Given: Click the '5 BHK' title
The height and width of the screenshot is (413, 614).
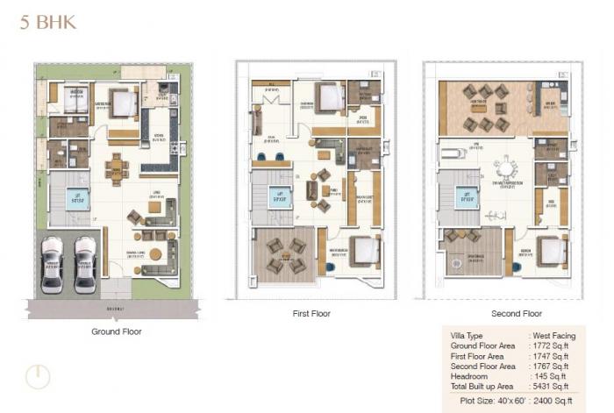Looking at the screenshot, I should tap(47, 22).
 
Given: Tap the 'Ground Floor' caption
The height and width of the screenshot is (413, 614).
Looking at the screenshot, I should tap(116, 331).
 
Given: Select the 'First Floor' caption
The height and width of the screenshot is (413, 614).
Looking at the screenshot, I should tap(311, 313).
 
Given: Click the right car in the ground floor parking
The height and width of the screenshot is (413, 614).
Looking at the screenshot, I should tap(85, 263).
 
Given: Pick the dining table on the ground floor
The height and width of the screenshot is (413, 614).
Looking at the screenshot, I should tap(116, 166).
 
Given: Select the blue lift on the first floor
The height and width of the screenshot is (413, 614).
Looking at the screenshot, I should tap(281, 196).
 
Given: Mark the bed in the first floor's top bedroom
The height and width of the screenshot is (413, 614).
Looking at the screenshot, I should tap(329, 97).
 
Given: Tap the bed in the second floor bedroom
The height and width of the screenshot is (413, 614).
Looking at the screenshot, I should tap(550, 251).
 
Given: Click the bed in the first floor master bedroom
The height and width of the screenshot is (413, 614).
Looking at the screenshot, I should tap(365, 252).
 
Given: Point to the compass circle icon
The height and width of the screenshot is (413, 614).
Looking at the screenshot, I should tap(37, 376).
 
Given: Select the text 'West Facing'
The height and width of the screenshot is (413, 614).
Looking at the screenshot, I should tap(554, 336).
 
